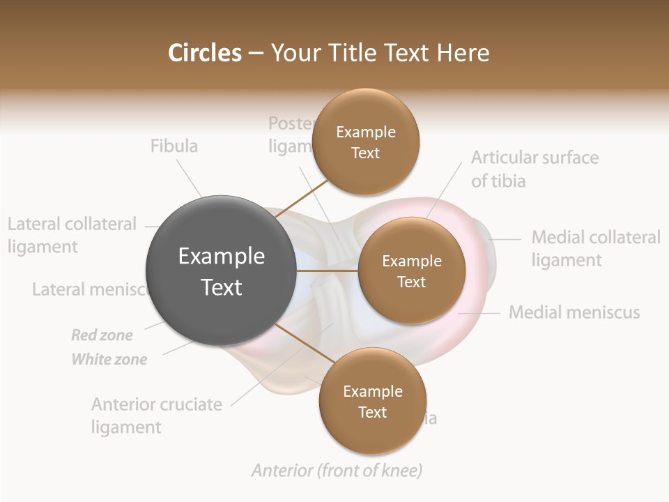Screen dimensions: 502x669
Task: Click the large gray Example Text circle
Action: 221,271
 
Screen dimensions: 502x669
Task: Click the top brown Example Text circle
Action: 365,142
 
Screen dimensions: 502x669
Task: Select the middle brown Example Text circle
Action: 411,271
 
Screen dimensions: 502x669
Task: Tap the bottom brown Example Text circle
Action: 372,401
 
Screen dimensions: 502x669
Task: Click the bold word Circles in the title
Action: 205,52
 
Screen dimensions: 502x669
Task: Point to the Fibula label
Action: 174,146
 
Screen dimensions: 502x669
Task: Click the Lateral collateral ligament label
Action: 72,235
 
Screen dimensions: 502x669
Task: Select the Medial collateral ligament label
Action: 595,248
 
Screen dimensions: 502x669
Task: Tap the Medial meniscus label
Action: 574,312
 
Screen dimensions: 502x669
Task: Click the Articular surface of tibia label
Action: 535,169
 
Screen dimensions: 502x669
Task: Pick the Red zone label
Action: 102,335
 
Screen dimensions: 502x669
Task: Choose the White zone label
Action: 109,360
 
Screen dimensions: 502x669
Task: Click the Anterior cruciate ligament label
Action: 157,416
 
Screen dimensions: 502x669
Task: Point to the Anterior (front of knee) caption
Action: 337,471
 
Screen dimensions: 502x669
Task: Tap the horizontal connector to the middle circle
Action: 328,271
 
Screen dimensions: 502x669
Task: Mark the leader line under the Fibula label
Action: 188,177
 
